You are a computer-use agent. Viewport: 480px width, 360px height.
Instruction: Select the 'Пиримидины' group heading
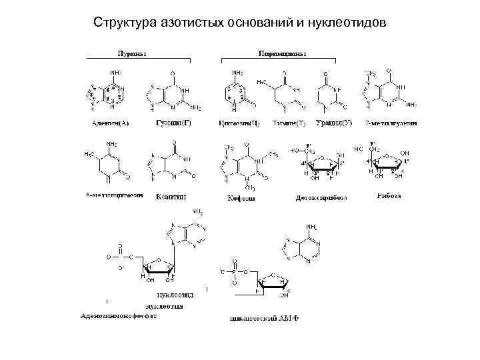pos(287,53)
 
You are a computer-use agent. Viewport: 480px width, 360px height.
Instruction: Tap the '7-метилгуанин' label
pos(391,123)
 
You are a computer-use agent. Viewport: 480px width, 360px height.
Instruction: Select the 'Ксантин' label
pos(171,196)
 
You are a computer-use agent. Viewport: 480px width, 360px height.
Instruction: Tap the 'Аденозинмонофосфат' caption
pos(119,315)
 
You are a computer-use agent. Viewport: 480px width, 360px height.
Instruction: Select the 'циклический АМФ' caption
pos(263,318)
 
